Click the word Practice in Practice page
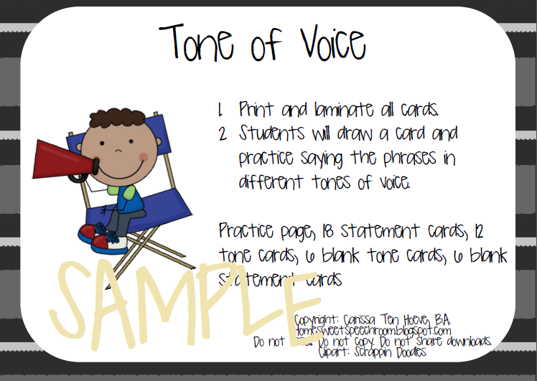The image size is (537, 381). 248,231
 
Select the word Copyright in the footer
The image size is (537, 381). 320,318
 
